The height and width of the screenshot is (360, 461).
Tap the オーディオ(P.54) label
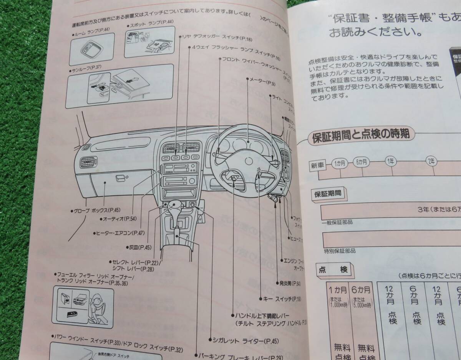120,219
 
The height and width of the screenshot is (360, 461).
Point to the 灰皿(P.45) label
140,247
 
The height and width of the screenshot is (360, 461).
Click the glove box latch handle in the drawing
121,178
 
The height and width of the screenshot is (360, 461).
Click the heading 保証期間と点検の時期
361,135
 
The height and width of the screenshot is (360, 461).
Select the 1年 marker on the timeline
390,162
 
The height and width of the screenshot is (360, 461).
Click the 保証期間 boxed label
328,193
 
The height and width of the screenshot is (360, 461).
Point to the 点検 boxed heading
333,270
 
